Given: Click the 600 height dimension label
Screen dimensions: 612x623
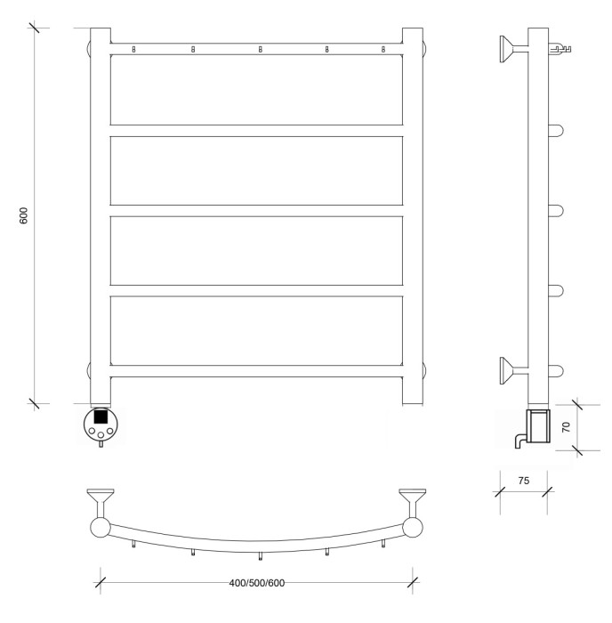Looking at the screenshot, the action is [24, 215].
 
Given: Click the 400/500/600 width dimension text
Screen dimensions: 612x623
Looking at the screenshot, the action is [256, 583].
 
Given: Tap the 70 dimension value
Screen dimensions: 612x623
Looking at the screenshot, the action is [567, 426].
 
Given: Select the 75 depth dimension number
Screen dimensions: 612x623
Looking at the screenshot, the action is [523, 481].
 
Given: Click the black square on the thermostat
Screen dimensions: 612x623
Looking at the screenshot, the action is [101, 417].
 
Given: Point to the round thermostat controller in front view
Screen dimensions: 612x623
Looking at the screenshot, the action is [101, 424].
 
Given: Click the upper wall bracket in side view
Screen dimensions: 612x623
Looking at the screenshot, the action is [514, 49].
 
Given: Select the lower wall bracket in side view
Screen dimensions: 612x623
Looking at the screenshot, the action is [514, 371].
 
